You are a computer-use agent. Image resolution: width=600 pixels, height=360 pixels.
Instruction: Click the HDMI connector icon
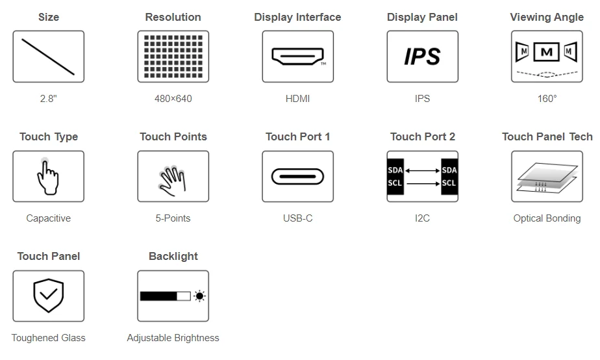pyautogui.click(x=297, y=57)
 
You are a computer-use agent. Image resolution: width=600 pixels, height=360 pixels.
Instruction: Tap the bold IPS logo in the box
pyautogui.click(x=423, y=57)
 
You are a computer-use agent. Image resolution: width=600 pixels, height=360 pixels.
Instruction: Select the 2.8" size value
pyautogui.click(x=49, y=98)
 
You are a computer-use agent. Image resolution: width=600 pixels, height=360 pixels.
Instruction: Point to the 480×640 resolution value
pyautogui.click(x=173, y=98)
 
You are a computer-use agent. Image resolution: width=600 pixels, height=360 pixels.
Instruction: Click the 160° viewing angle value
pyautogui.click(x=547, y=98)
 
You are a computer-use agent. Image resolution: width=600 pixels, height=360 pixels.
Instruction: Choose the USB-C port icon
pyautogui.click(x=297, y=177)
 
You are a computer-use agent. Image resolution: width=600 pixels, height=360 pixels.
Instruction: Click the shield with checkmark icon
pyautogui.click(x=49, y=295)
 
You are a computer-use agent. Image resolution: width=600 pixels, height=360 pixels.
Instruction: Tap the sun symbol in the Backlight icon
pyautogui.click(x=199, y=296)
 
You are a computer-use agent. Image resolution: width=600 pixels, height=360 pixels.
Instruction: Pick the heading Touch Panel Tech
pyautogui.click(x=547, y=136)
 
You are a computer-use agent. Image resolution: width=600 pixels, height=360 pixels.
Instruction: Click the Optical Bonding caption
pyautogui.click(x=547, y=218)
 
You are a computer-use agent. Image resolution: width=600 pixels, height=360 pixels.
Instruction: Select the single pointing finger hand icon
pyautogui.click(x=48, y=177)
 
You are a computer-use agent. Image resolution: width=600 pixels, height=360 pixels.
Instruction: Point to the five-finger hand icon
pyautogui.click(x=173, y=181)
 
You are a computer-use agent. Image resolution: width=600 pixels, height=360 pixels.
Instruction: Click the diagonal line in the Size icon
pyautogui.click(x=48, y=57)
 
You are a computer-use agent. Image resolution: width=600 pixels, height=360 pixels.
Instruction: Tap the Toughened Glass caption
pyautogui.click(x=49, y=338)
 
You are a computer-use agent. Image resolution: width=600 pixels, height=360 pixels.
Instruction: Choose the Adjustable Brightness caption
pyautogui.click(x=173, y=338)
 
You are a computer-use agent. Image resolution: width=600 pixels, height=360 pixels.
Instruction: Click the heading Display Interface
pyautogui.click(x=297, y=18)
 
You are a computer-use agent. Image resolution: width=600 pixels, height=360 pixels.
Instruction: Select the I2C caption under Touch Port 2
pyautogui.click(x=423, y=218)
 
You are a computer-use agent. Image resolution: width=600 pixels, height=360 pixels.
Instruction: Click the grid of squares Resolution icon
pyautogui.click(x=173, y=57)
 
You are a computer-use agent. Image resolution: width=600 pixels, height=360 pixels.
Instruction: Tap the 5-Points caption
pyautogui.click(x=173, y=218)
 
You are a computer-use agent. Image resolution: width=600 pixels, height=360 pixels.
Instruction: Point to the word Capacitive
pyautogui.click(x=49, y=218)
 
